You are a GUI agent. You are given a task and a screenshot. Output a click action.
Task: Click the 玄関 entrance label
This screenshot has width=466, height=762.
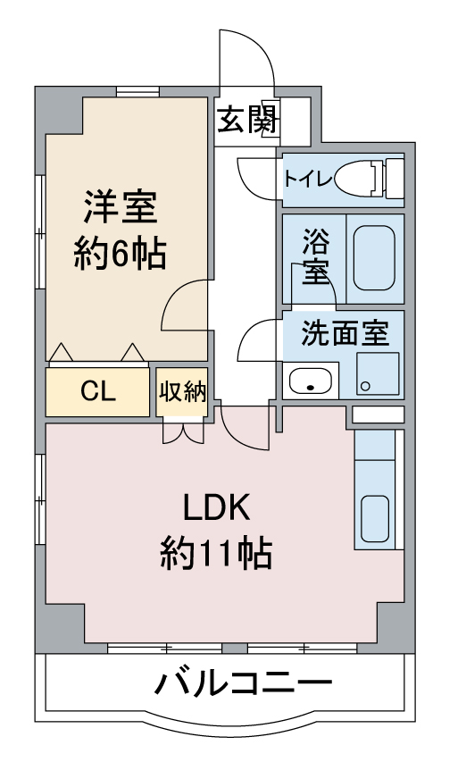tap(247, 119)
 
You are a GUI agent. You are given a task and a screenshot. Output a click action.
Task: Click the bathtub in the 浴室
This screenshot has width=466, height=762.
tap(374, 257)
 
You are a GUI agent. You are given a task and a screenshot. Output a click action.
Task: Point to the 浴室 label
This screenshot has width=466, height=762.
tap(316, 256)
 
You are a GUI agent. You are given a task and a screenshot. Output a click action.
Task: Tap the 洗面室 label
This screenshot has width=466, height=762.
tap(345, 333)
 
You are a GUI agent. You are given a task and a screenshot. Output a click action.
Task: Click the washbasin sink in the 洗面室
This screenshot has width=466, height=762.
tap(311, 381)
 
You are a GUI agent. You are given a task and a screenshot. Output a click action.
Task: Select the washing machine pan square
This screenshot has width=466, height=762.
tap(378, 373)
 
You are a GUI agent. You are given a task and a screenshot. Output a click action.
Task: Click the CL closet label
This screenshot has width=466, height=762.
tap(98, 390)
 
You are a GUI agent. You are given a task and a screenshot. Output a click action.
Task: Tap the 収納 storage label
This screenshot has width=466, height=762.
tap(182, 391)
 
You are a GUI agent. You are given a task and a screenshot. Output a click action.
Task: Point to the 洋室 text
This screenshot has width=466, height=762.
tap(121, 207)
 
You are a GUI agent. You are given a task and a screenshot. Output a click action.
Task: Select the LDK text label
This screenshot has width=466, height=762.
tap(217, 507)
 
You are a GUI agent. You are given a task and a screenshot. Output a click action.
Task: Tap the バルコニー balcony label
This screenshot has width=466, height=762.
tap(243, 682)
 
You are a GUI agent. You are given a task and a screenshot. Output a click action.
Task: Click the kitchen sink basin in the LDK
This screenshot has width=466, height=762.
tap(375, 518)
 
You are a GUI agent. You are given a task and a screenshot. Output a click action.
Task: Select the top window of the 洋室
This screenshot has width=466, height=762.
tap(137, 91)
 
